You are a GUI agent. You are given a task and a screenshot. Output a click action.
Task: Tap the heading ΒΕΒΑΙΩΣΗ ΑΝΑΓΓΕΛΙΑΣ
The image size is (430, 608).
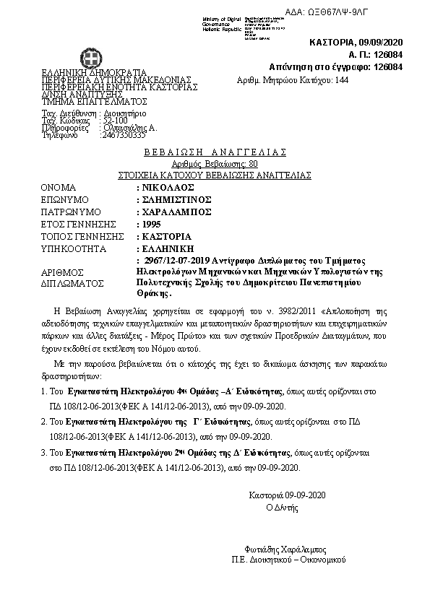[x=215, y=152]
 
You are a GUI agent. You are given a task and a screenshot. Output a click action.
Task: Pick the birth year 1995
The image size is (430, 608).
[x=151, y=225]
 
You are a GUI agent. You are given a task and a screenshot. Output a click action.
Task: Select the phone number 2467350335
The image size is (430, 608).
[x=123, y=134]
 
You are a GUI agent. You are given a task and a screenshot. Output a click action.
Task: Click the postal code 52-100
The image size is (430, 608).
[x=116, y=120]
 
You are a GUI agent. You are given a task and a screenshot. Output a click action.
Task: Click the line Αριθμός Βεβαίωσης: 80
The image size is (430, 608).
[x=215, y=164]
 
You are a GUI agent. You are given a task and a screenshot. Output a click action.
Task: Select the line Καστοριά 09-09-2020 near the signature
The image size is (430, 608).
[x=288, y=495]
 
